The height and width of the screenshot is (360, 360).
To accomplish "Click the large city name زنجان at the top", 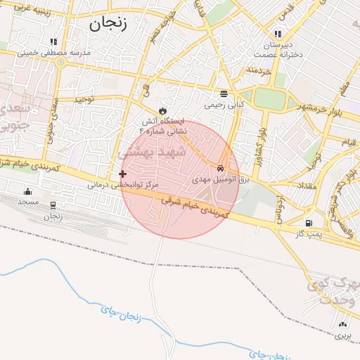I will coord(108,22).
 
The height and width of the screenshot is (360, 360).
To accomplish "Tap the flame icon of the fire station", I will coord(163,110).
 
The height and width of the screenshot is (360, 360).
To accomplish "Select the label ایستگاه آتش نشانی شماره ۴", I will coord(164,126).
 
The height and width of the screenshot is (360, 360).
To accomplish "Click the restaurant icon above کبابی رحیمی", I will coord(224,94).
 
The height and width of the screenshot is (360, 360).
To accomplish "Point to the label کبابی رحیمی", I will coord(224,105).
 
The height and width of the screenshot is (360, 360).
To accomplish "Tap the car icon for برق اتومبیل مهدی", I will coord(221,169).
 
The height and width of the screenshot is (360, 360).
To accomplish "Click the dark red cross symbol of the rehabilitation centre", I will coord(123,174).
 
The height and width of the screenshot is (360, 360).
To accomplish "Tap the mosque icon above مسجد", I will coord(28,191).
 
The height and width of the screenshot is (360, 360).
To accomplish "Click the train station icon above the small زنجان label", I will coord(53,205).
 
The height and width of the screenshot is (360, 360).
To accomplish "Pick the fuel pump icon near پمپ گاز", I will coord(308,223).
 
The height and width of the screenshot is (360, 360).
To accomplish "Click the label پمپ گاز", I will coord(307,233).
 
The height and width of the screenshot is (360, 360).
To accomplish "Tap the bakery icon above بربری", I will coord(343,325).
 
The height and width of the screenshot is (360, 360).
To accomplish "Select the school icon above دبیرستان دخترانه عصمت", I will coord(278,34).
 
